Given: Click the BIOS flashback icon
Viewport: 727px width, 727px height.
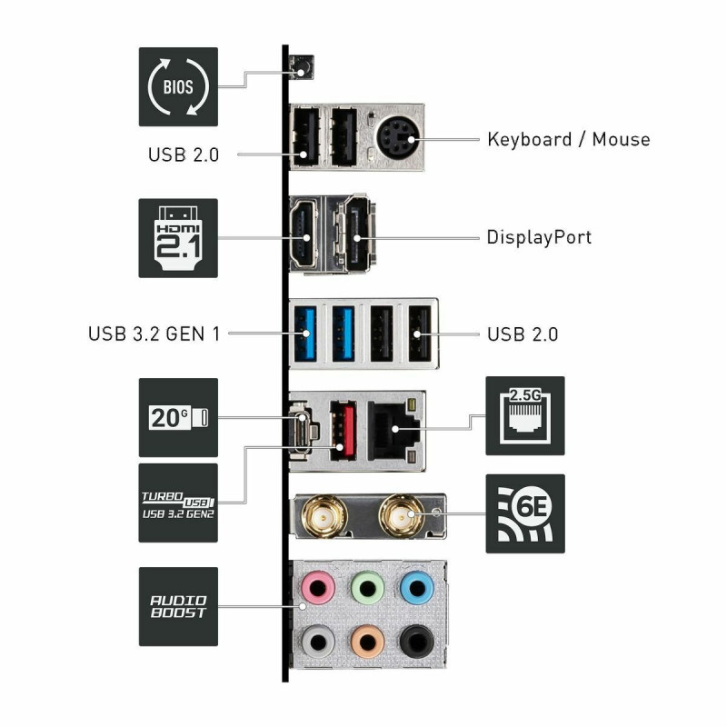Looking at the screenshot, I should tap(178, 86).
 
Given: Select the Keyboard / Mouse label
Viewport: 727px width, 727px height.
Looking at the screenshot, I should tap(568, 139).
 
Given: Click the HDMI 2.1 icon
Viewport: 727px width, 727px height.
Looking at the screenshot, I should tap(178, 238).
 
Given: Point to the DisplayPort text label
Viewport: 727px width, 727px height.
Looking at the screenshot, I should tap(539, 237).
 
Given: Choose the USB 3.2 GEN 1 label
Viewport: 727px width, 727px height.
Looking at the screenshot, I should tap(154, 334).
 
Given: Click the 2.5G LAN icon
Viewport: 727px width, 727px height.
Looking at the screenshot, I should tap(524, 415).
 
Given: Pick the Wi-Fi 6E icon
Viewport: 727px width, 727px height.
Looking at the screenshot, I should tap(524, 513).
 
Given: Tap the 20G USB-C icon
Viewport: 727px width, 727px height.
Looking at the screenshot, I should tap(178, 417).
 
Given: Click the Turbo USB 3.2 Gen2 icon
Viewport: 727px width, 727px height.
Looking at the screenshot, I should tap(178, 503).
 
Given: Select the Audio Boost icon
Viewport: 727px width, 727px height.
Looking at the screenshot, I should tap(178, 606).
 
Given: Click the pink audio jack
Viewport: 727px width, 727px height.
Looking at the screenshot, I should tap(317, 590).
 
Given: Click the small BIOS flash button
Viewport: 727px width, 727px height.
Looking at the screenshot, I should tap(299, 66).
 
